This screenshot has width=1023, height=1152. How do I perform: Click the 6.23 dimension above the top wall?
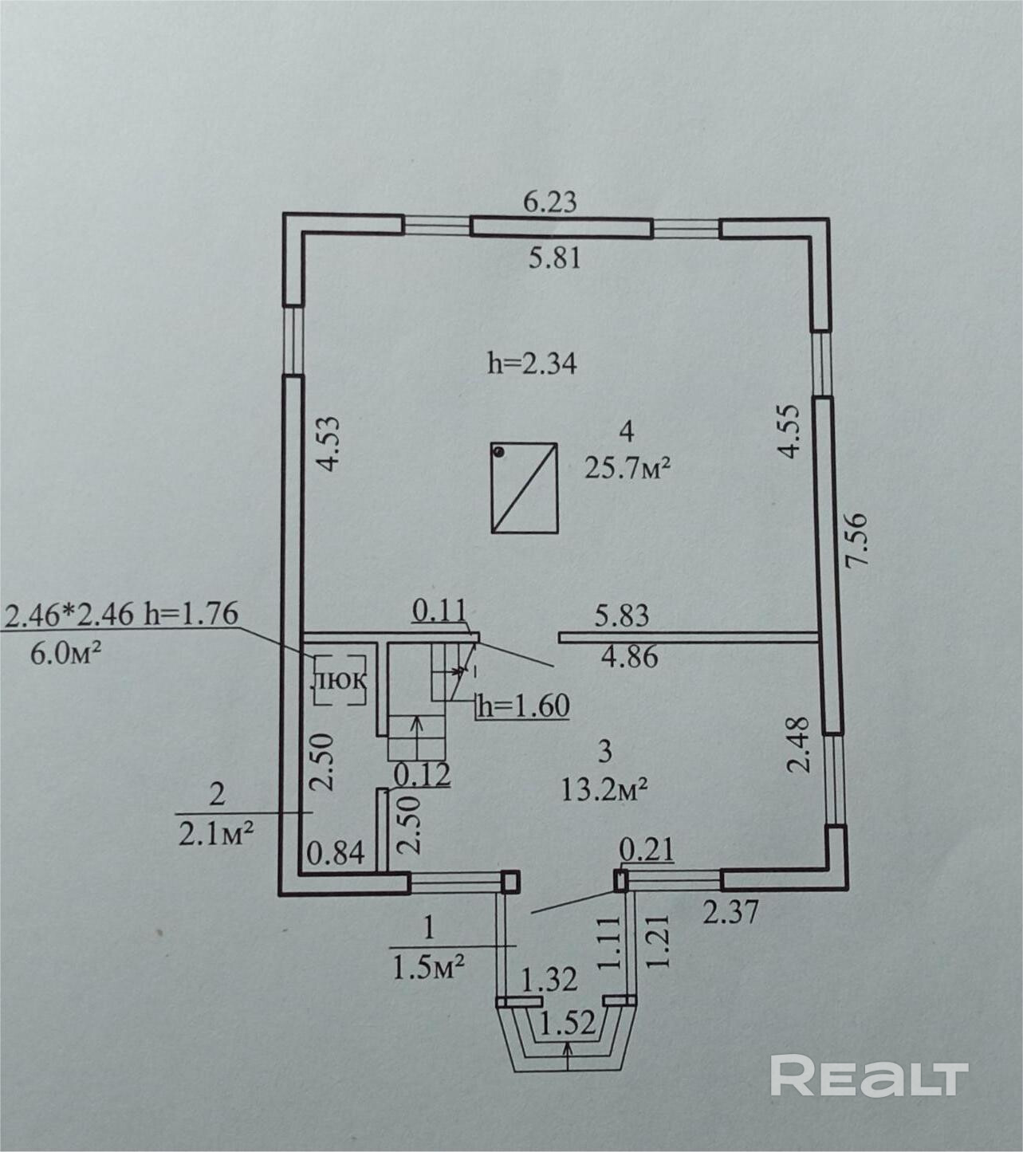(x=550, y=202)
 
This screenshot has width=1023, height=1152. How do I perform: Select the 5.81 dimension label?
(x=554, y=259)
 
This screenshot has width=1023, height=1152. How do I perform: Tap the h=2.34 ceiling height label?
(x=533, y=364)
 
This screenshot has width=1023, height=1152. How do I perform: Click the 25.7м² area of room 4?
(x=626, y=470)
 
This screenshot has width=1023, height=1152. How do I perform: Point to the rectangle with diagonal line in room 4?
(x=525, y=488)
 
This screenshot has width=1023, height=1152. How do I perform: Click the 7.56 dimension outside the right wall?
(x=857, y=539)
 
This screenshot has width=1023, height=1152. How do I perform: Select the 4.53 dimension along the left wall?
(x=329, y=443)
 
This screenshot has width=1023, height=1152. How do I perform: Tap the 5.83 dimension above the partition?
(x=621, y=616)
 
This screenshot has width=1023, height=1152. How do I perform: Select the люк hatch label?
(x=339, y=681)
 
